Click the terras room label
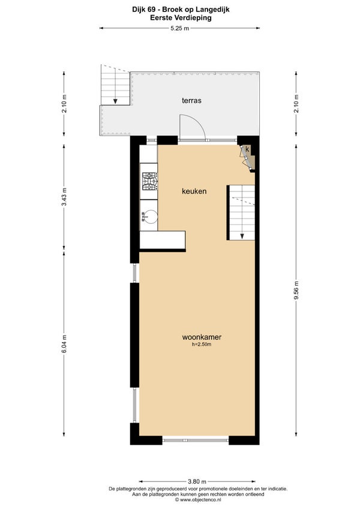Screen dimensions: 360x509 coord(191,101)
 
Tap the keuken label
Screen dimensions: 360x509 coord(194,191)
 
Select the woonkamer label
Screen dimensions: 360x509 coord(202,337)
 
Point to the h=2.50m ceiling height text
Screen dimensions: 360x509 coord(202,345)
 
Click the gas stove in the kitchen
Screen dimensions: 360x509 coord(149,181)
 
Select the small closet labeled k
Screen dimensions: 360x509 coord(248,157)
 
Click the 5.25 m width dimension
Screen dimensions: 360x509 coord(179,28)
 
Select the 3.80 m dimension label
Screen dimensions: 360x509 coord(197,481)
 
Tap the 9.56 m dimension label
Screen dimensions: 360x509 coord(296,291)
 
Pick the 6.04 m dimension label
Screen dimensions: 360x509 coord(64,344)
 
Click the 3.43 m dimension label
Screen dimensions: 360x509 coord(64,197)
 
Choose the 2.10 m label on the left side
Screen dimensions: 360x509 coord(64,104)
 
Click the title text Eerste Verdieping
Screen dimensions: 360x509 coord(181,18)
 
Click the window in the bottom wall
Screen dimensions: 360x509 coord(196,440)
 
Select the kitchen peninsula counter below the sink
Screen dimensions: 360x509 coord(163,240)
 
